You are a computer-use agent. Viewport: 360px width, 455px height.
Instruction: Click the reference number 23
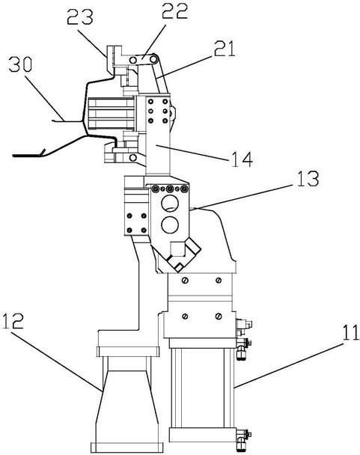pos(80,16)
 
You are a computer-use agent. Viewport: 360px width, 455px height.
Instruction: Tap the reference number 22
pos(174,10)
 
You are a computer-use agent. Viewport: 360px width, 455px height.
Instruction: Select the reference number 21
pos(224,49)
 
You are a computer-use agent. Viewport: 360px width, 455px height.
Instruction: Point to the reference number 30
pos(20,64)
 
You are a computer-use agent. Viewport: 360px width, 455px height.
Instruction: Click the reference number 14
pos(242,159)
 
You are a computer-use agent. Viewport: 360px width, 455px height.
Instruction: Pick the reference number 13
pos(307,179)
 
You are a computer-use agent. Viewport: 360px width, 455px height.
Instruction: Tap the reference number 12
pos(13,321)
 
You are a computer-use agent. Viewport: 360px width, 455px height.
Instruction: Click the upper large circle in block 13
pos(170,203)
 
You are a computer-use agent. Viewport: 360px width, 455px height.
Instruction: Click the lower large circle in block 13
pos(170,225)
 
